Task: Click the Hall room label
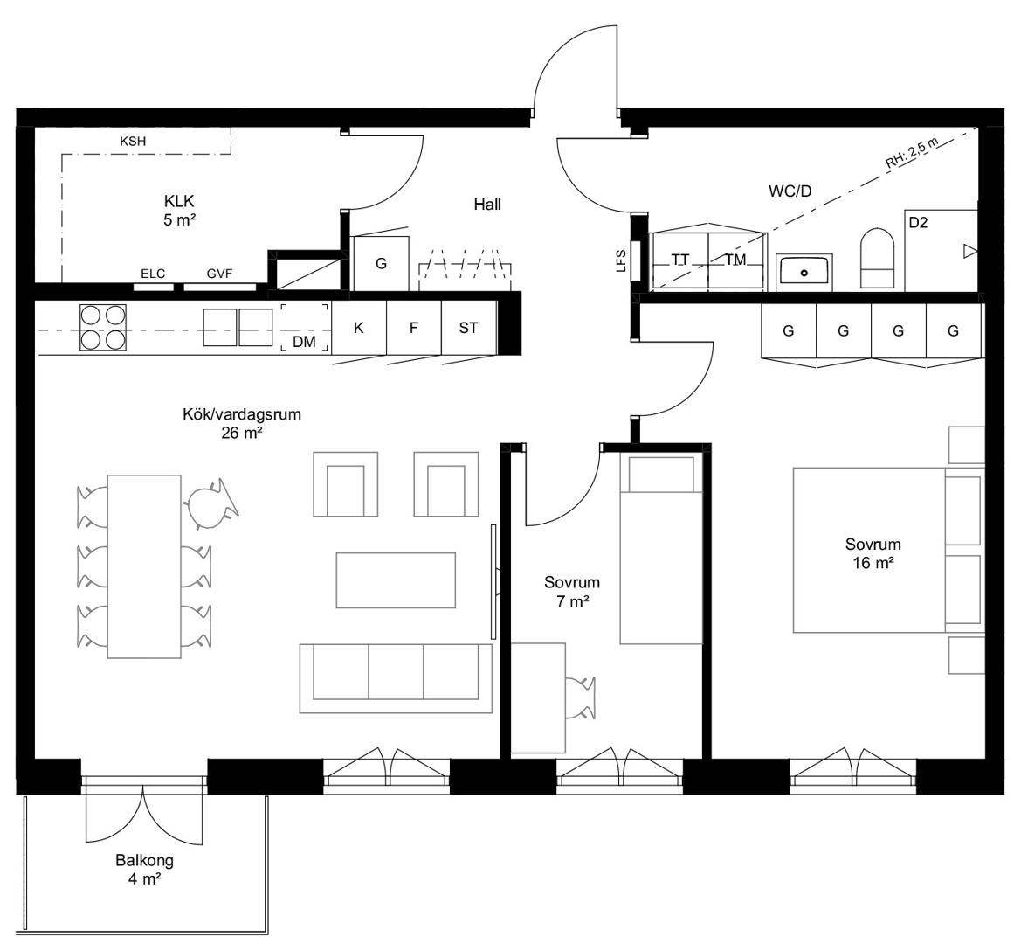tap(487, 205)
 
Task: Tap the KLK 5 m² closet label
tap(179, 211)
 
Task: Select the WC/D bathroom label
tap(790, 191)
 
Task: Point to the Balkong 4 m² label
tap(144, 869)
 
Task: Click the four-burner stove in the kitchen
tap(103, 328)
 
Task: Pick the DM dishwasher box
tap(305, 328)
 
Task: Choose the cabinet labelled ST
tap(469, 328)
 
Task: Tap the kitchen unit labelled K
tap(359, 328)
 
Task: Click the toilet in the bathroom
tap(878, 258)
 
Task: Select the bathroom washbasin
tap(804, 272)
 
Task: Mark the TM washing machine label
tap(736, 260)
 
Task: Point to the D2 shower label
tap(918, 223)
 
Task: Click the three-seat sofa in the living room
tap(396, 678)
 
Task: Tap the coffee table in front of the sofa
tap(396, 580)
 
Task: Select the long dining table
tap(144, 566)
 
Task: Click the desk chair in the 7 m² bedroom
tap(581, 698)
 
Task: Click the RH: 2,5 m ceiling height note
tap(911, 153)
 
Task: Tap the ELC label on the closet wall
tap(153, 274)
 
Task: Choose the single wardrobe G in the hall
tap(381, 263)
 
